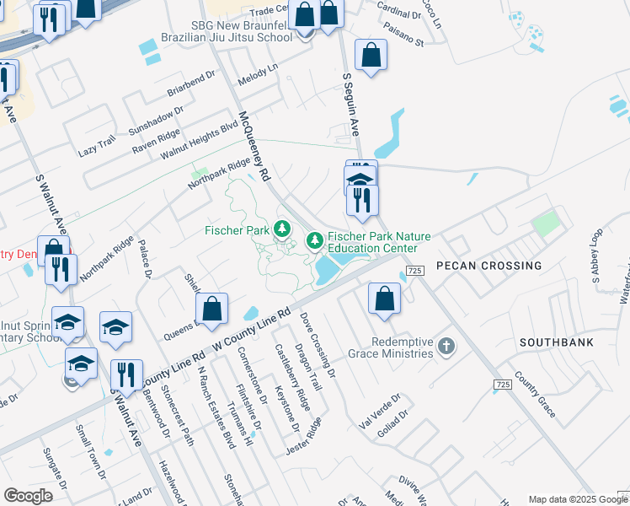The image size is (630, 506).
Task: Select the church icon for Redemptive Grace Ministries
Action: click(446, 346)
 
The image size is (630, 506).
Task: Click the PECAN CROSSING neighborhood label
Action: click(489, 266)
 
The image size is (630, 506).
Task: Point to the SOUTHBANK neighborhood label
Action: click(556, 342)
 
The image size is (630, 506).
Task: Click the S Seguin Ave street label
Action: click(351, 105)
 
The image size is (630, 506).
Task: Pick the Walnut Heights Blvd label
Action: click(200, 141)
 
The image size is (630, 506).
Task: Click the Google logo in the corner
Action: click(28, 495)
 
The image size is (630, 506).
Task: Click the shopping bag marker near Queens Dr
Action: click(212, 309)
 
